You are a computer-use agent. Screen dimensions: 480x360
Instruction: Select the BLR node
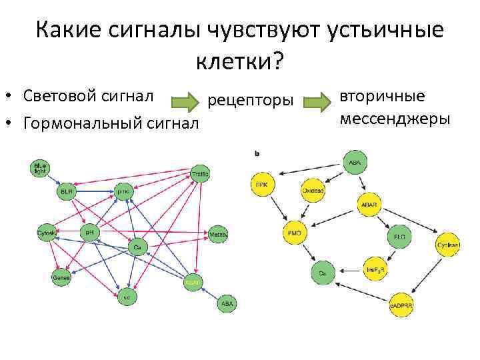(66, 191)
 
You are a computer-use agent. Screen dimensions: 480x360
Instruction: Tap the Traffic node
(199, 173)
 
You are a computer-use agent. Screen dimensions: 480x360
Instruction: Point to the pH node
(90, 233)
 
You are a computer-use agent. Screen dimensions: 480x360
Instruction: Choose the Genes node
(61, 277)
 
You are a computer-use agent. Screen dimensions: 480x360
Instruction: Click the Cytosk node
(47, 233)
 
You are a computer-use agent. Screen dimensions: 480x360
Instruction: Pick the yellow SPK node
(263, 184)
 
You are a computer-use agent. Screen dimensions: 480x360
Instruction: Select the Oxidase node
(313, 190)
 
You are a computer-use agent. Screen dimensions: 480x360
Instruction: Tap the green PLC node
(399, 237)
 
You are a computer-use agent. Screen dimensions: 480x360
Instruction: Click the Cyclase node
(448, 245)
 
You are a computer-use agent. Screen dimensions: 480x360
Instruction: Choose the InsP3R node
(374, 270)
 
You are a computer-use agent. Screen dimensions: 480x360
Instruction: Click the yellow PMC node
(294, 234)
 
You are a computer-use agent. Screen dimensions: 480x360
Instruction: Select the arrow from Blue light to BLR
(53, 179)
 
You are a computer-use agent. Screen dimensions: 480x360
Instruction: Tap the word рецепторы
(251, 101)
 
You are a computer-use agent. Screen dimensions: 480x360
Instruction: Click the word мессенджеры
(395, 119)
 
